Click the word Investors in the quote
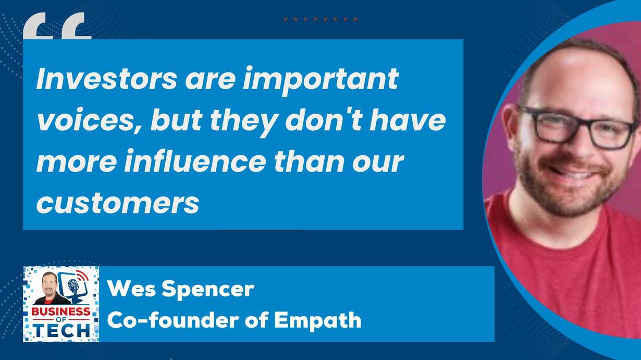[107, 79]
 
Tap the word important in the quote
[320, 81]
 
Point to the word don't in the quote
[324, 119]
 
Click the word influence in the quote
[194, 161]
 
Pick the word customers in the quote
[118, 203]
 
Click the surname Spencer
[208, 290]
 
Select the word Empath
[318, 320]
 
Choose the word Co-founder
[173, 320]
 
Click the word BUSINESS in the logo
[60, 312]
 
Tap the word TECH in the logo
[61, 330]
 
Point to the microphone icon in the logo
[73, 286]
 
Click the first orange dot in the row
[286, 19]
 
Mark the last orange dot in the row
[355, 19]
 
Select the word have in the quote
[408, 119]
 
